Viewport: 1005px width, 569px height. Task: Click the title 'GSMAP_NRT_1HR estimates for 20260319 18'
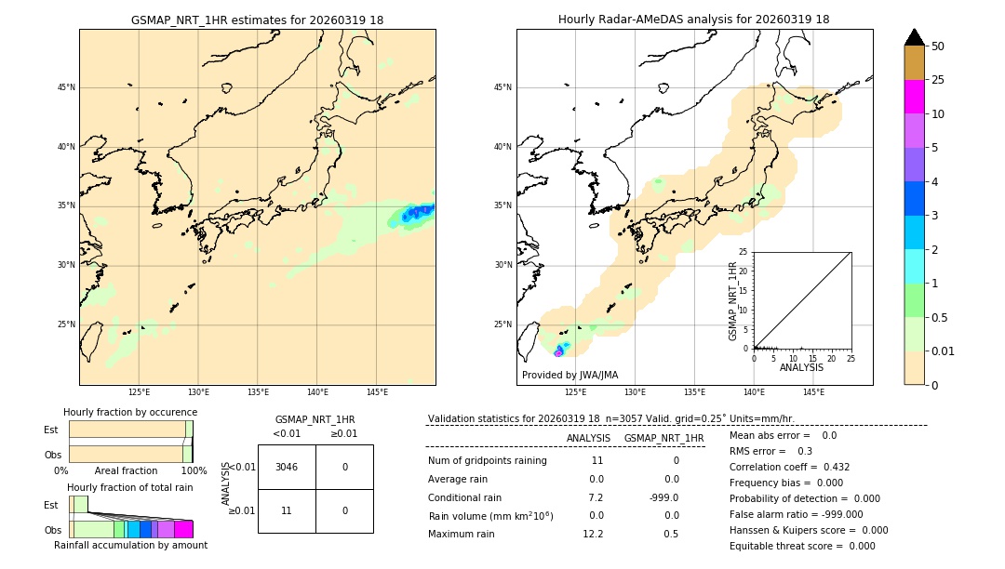[257, 20]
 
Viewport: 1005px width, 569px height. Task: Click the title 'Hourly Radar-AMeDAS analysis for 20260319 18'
[693, 20]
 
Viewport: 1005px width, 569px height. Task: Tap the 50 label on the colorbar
[938, 46]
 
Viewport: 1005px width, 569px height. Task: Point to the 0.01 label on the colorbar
[944, 351]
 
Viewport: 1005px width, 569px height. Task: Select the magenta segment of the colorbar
[914, 97]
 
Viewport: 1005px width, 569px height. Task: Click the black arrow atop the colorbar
[914, 37]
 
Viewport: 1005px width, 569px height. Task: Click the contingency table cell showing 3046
[287, 467]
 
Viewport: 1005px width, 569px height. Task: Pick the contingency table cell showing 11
[287, 510]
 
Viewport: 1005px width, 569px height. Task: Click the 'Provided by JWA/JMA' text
[569, 375]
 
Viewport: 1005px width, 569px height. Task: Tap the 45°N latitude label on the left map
[66, 87]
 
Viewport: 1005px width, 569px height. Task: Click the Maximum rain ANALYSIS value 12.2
[593, 534]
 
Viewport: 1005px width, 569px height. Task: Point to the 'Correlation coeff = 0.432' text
[789, 467]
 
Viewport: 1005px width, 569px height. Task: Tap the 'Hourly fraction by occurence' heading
[130, 412]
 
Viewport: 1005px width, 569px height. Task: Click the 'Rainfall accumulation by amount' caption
[130, 545]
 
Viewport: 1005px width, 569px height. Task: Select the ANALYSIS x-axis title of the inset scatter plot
[801, 367]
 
